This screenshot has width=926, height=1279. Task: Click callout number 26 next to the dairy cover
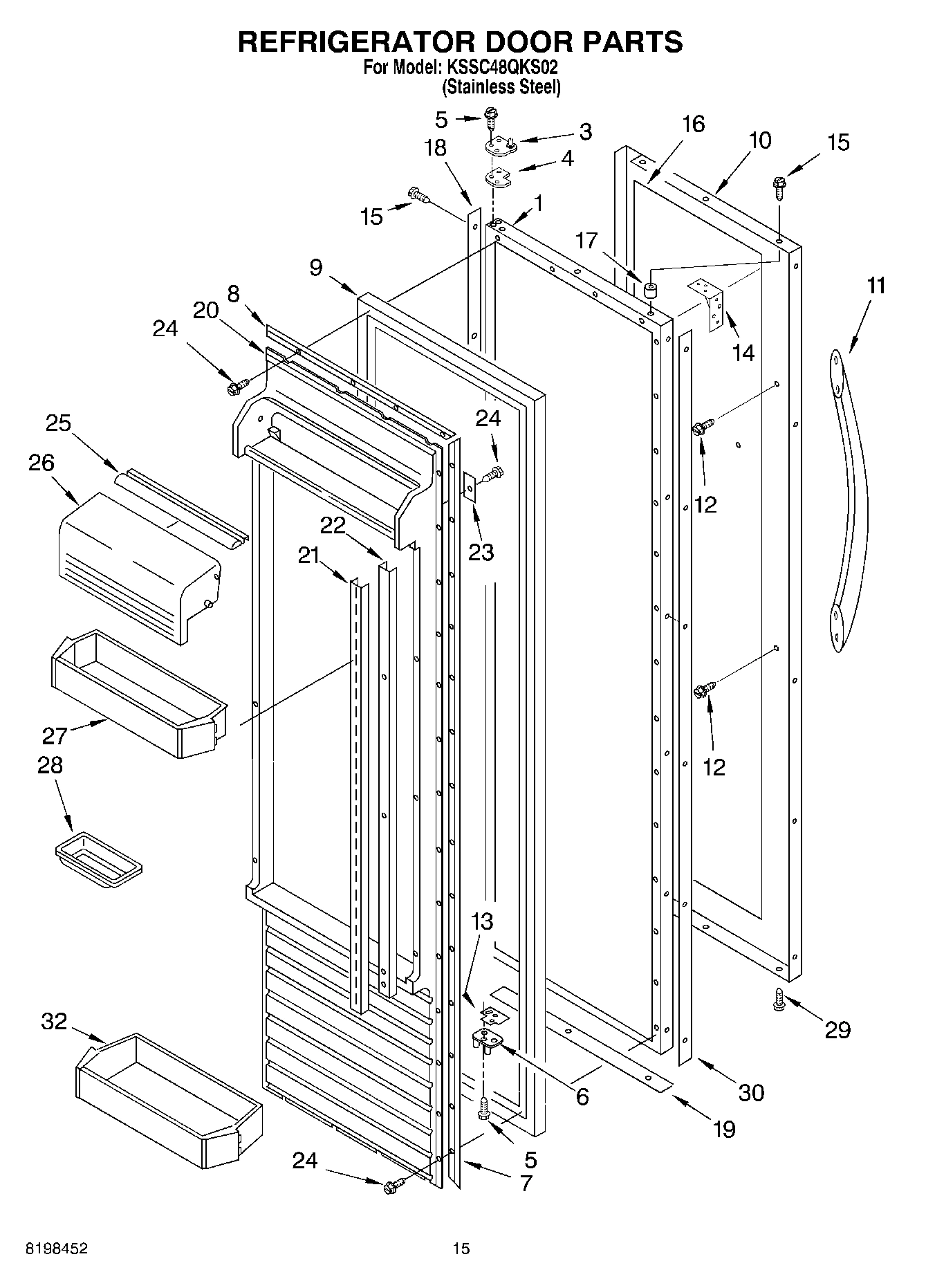pos(41,463)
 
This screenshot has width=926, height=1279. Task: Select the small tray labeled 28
pos(98,859)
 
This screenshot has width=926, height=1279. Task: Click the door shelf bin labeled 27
pos(138,692)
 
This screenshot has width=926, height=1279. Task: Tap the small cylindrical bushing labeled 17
pos(649,289)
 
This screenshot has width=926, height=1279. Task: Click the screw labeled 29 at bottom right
pos(779,1000)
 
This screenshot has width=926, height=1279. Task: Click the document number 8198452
pos(57,1249)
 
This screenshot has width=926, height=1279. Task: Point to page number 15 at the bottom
pos(461,1249)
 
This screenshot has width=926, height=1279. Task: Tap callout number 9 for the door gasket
pos(315,268)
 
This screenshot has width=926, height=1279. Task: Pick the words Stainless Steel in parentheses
pos(501,87)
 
